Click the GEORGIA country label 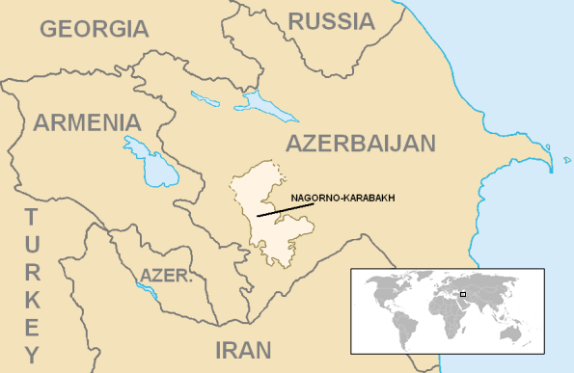pos(94,28)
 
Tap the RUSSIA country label pos(331,20)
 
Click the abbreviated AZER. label pos(167,277)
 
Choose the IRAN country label pos(243,349)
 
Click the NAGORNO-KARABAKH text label pos(342,199)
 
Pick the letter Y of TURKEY pos(31,353)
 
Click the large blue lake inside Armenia pos(150,162)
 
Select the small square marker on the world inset pos(463,294)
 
